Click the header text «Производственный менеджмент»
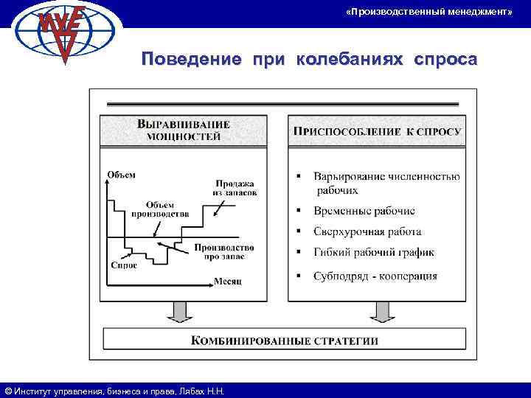click(428, 13)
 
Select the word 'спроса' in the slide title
click(445, 59)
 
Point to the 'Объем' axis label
click(121, 175)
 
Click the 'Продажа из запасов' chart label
click(235, 188)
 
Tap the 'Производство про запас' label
click(224, 251)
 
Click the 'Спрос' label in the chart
click(123, 265)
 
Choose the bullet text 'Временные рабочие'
click(364, 211)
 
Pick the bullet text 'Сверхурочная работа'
click(369, 231)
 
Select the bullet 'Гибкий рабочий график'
click(373, 252)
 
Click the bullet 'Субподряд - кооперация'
click(375, 276)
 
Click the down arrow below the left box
click(177, 312)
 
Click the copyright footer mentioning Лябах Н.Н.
click(114, 391)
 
